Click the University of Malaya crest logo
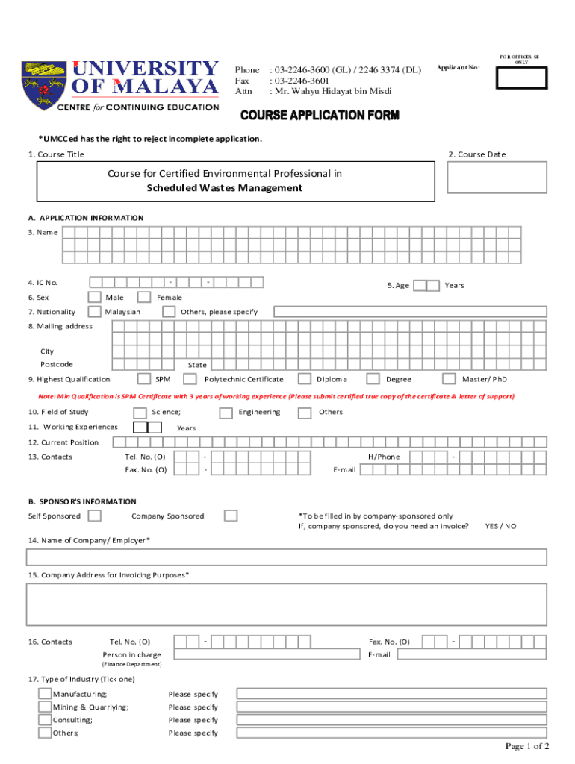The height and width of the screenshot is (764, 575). click(x=43, y=85)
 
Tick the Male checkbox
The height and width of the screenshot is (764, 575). click(x=96, y=297)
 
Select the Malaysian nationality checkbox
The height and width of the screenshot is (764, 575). click(x=95, y=311)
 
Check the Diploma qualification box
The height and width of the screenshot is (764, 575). click(x=305, y=379)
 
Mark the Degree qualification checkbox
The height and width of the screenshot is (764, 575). click(x=373, y=379)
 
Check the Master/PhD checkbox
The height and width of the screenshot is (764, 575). click(x=449, y=379)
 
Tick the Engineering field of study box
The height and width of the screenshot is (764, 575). click(x=226, y=413)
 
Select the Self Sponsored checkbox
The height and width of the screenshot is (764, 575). click(x=95, y=516)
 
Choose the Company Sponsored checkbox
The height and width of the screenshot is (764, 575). click(x=231, y=516)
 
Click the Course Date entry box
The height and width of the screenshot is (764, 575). click(x=497, y=178)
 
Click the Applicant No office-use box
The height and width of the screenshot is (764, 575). click(x=521, y=78)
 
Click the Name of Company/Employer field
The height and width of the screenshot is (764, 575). click(x=287, y=557)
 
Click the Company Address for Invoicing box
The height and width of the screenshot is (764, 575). click(x=287, y=604)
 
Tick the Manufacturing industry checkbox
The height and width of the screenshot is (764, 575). click(x=46, y=694)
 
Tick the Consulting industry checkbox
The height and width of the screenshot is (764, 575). click(x=46, y=720)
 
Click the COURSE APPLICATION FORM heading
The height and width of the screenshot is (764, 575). click(x=319, y=116)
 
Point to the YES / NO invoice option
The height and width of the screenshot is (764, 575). click(x=500, y=526)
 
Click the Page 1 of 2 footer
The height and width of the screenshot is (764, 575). click(x=527, y=746)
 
